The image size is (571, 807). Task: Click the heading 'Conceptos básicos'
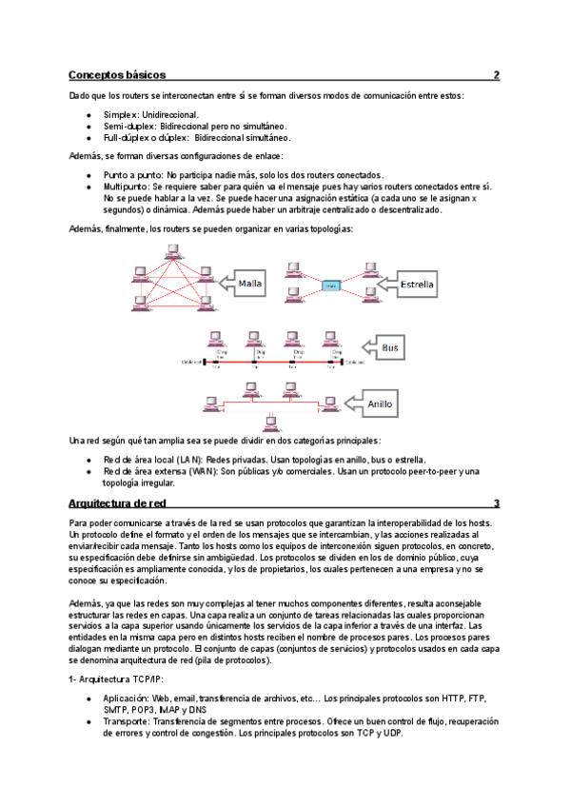[117, 74]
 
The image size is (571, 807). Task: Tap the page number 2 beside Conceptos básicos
[496, 74]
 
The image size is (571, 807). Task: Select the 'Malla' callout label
[250, 284]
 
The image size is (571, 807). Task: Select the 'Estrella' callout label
[418, 284]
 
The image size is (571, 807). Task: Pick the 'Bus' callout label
[390, 348]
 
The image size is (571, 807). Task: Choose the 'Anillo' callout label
[379, 404]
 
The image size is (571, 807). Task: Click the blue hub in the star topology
[330, 285]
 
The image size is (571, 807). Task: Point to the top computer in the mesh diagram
[172, 252]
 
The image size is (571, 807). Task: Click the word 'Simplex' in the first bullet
[121, 114]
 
